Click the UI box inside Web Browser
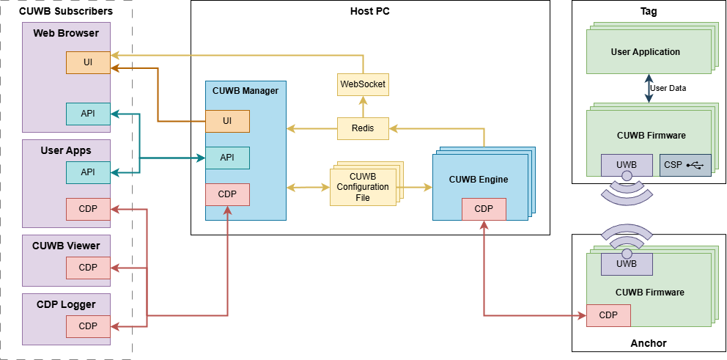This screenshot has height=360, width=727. (88, 62)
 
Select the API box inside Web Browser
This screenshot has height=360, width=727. (88, 114)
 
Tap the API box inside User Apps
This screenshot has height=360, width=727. (88, 172)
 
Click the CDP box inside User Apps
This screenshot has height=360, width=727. (88, 209)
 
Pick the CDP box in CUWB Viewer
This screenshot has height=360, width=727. (88, 268)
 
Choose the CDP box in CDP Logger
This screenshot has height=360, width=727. (88, 326)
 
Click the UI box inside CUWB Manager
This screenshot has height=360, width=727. (227, 121)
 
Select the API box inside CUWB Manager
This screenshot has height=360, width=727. (227, 158)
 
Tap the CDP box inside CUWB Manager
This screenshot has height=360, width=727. (227, 194)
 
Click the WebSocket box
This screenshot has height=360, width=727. (363, 84)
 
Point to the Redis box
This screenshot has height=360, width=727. (363, 128)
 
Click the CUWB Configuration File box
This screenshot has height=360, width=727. (363, 187)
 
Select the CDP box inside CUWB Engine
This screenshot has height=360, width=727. (484, 209)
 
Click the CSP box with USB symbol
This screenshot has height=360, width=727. (685, 165)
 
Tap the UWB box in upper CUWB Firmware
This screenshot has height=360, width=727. (627, 165)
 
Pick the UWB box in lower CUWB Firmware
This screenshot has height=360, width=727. (627, 264)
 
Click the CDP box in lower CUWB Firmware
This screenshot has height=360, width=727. (608, 315)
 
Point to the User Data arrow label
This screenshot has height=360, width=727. (668, 88)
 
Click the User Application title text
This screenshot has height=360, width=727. (645, 52)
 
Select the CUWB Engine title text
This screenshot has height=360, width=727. (478, 180)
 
